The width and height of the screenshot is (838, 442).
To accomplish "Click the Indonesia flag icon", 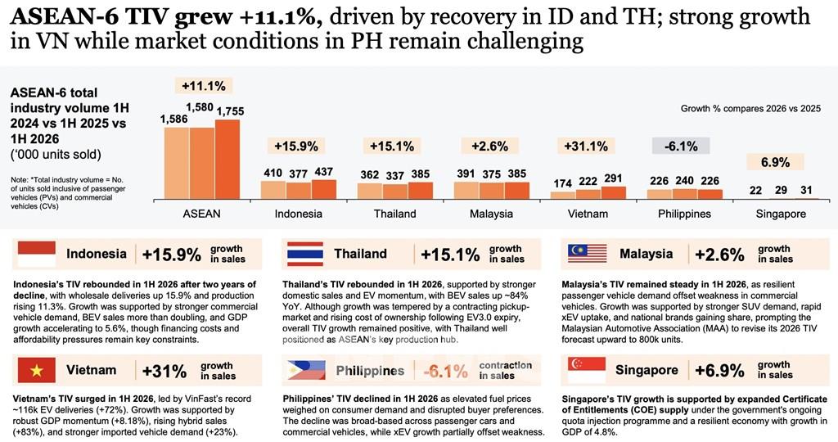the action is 36,254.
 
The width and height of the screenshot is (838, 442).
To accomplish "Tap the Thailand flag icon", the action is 305,254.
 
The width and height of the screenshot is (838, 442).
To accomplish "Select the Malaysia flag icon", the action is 588,254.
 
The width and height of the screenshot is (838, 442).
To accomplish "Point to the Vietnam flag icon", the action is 36,370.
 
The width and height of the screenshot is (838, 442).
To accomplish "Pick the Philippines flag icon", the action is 306,370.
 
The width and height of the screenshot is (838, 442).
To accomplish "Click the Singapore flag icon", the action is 586,370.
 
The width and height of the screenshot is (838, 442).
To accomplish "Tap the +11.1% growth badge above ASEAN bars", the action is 203,85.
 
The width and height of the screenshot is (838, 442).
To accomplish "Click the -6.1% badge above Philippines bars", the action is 680,146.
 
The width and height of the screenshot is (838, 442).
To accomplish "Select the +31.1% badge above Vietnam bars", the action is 586,146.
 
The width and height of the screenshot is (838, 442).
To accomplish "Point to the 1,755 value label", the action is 230,111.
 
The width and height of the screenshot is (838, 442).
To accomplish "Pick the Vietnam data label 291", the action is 612,178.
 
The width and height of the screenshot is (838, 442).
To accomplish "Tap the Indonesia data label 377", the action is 298,174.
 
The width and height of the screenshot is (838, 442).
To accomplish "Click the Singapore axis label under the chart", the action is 781,214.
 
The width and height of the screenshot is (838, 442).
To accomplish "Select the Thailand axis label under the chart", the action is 395,214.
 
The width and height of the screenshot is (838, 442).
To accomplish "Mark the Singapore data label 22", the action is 755,190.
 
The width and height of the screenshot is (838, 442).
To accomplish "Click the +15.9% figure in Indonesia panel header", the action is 172,255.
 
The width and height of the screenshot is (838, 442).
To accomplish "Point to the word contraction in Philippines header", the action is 506,366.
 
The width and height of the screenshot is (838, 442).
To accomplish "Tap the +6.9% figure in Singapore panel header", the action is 719,371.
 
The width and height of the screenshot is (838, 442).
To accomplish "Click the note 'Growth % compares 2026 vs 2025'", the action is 751,109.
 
